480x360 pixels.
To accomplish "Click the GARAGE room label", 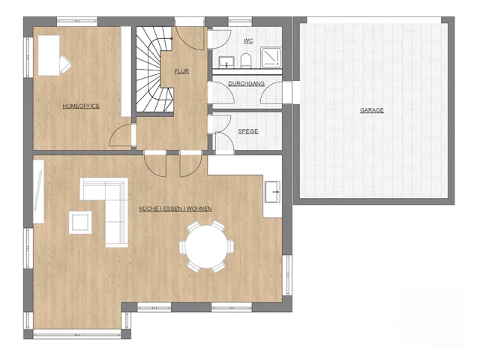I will point(371,110).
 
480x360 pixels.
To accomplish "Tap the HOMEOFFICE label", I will point(81,106).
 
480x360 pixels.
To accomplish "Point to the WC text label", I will point(247,40).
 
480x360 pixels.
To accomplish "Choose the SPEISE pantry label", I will point(248,131).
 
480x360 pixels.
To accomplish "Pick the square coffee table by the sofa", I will point(79,222).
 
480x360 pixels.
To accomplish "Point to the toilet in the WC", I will point(246,59).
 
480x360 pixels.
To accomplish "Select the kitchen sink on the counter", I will point(272,190).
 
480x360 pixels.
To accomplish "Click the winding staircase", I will point(153,71).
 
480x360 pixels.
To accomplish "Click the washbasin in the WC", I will point(223,58).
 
